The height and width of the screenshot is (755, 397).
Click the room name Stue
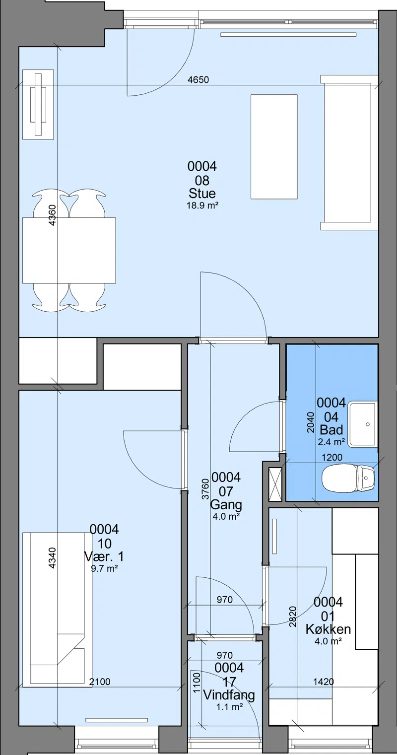click(202, 194)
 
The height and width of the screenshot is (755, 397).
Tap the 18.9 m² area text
click(202, 206)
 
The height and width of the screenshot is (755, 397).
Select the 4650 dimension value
click(198, 80)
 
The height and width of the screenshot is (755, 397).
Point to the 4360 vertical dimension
click(52, 215)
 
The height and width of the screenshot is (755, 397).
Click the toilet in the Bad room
click(348, 478)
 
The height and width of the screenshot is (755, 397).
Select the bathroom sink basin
click(362, 424)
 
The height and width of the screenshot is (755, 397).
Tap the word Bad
click(331, 430)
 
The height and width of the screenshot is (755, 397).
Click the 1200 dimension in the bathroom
click(332, 457)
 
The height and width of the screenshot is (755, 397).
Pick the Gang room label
click(226, 504)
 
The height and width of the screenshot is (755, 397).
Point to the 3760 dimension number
click(205, 489)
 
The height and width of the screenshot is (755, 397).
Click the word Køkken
click(328, 629)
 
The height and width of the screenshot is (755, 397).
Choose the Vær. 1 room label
click(104, 556)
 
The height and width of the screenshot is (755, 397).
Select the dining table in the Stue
click(69, 251)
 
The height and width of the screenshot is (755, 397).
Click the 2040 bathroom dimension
click(310, 422)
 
